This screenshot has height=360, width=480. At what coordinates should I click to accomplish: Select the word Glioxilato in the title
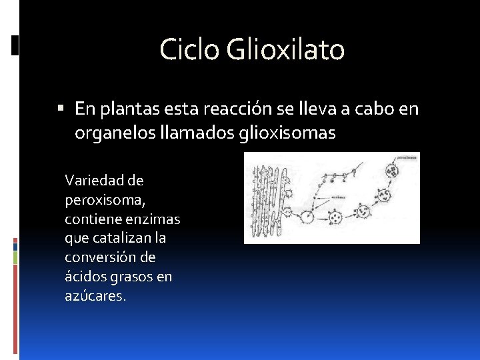pyautogui.click(x=286, y=50)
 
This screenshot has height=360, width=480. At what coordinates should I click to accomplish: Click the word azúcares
pyautogui.click(x=95, y=296)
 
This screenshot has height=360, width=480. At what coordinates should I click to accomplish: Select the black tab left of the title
pyautogui.click(x=15, y=45)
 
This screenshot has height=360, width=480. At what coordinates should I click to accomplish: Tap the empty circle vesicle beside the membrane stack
pyautogui.click(x=307, y=217)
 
